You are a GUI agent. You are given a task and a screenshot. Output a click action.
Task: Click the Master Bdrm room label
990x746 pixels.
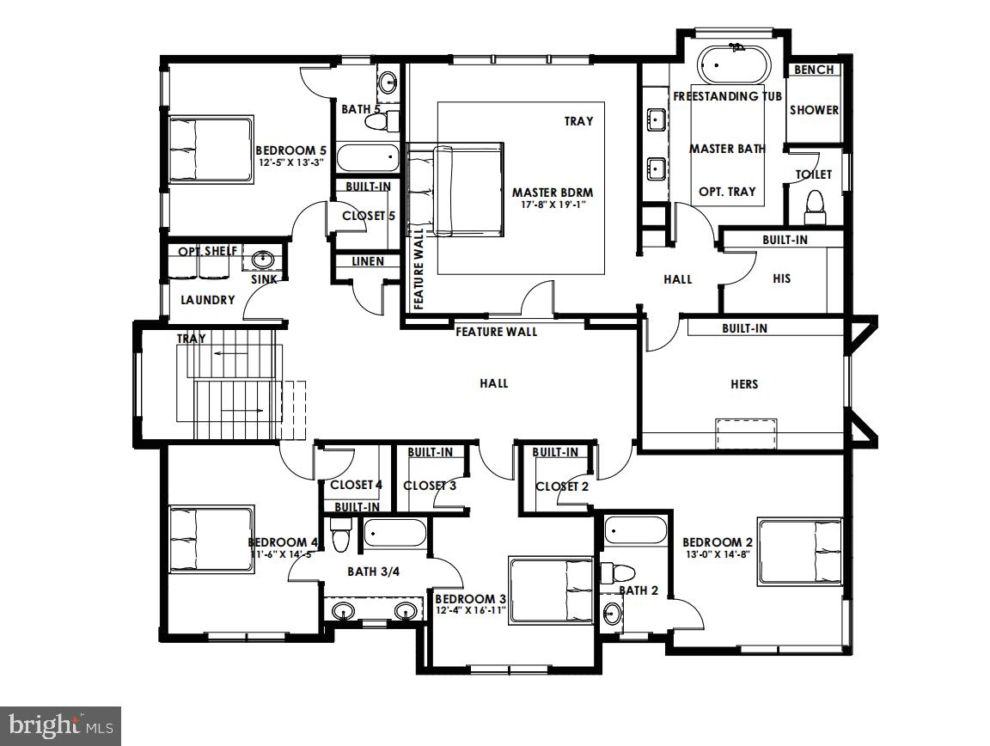tap(553, 192)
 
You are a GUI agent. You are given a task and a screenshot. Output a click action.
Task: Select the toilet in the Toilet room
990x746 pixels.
tap(813, 204)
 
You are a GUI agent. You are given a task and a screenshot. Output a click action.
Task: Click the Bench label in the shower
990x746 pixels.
tap(813, 70)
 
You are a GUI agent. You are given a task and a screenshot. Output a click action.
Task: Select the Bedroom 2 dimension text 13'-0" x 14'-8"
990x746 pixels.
tap(718, 555)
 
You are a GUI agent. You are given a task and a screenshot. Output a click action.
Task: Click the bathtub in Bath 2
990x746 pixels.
tap(635, 530)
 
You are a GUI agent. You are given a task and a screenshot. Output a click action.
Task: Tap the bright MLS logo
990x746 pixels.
tap(60, 726)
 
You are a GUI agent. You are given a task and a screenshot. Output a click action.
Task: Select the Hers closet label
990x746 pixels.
tap(744, 384)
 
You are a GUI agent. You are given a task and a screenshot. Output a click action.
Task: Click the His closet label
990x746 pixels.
tap(781, 278)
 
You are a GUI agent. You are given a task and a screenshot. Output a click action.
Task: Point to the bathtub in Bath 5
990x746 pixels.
tap(367, 158)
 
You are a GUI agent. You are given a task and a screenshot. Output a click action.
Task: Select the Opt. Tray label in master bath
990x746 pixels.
tap(727, 192)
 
